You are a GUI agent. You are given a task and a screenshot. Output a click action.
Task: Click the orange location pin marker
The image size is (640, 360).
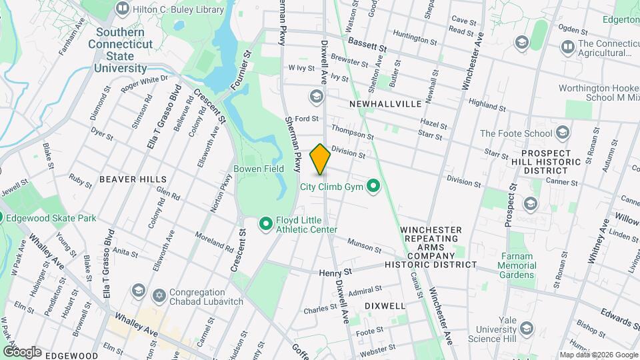[320, 159]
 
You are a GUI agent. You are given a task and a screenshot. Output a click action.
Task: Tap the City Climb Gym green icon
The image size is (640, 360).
[373, 187]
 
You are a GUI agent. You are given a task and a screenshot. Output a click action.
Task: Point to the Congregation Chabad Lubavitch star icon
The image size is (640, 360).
[159, 294]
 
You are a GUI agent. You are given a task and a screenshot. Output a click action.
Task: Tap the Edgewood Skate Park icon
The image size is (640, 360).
[3, 218]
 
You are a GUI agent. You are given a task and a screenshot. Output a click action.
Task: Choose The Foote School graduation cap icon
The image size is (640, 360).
[563, 133]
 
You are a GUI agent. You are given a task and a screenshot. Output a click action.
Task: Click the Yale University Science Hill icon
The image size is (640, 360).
[527, 329]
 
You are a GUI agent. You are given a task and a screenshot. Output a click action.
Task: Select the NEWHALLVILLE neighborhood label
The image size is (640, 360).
[385, 105]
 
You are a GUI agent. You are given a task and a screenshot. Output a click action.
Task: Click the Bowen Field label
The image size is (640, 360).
[259, 169]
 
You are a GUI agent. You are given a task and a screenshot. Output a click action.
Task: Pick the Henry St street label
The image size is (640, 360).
[335, 273]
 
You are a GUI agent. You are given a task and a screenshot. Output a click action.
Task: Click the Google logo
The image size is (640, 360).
[22, 351]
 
